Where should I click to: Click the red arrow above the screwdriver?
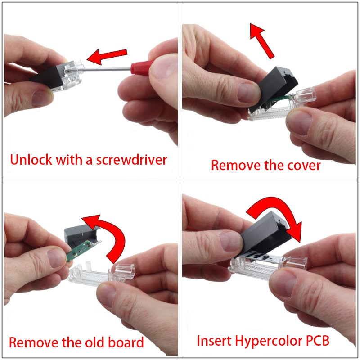tap(107, 56)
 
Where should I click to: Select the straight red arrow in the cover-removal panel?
tap(261, 40)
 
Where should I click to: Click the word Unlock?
tap(31, 160)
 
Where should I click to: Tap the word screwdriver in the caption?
tap(131, 160)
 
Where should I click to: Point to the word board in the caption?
tap(126, 342)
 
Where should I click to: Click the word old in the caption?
tap(95, 342)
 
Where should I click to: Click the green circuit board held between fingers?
tap(83, 250)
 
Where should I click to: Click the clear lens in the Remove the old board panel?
tap(101, 274)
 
